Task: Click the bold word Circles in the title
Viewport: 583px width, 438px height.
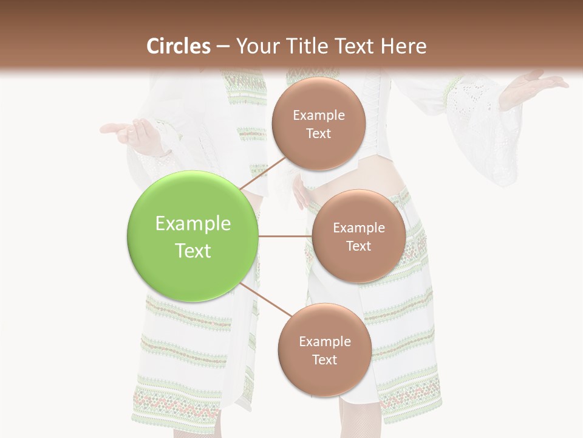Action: coord(178,46)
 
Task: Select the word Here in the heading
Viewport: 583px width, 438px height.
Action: coord(404,46)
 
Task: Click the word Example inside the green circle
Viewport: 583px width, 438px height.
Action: coord(193,224)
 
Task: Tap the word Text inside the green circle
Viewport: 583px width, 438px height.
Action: coord(193,251)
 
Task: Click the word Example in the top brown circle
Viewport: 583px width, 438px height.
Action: coord(318,116)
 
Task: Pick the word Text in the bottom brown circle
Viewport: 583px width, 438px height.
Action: coord(324,360)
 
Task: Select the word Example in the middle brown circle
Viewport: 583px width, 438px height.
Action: coord(358,228)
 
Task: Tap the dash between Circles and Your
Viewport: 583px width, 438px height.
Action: coord(222,46)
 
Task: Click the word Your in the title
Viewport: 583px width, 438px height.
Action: coord(254,46)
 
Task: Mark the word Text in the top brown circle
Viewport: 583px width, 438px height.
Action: coord(318,133)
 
